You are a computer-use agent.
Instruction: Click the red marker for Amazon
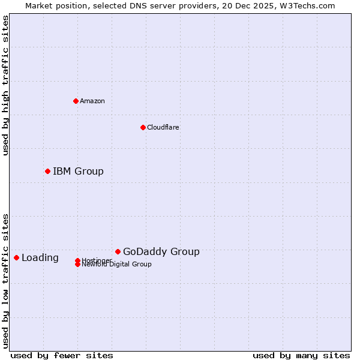[76, 101]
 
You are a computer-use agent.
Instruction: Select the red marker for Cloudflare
[143, 127]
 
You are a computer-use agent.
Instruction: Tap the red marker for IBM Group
[47, 172]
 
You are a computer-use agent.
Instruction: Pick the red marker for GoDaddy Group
[118, 252]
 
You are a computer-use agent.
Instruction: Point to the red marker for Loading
[16, 258]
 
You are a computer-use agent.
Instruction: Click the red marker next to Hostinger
[77, 260]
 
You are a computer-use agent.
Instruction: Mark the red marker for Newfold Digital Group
[77, 265]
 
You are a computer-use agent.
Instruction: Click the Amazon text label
[92, 101]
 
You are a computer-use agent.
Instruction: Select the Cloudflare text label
[163, 127]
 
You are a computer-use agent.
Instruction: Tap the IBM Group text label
[78, 172]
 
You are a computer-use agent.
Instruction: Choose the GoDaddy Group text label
[161, 252]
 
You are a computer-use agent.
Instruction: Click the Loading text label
[40, 258]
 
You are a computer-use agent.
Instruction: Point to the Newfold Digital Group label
[117, 265]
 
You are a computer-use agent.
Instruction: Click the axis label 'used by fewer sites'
[62, 356]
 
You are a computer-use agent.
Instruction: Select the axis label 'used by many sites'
[301, 356]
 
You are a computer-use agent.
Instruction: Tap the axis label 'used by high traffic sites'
[6, 86]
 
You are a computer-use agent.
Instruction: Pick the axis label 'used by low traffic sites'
[6, 281]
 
